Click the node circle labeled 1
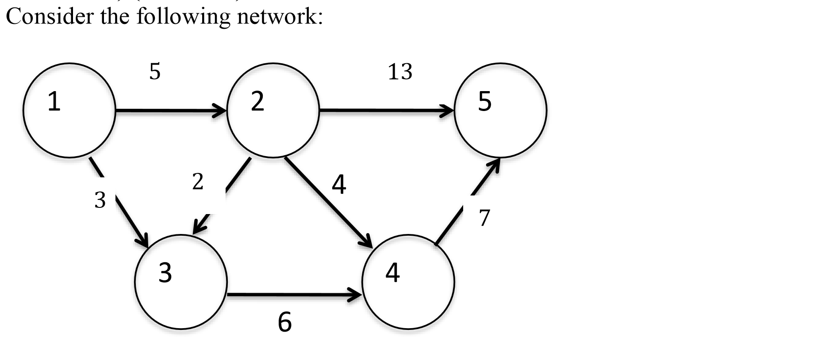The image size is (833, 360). [69, 110]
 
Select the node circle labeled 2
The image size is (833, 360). [273, 110]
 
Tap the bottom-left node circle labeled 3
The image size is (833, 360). [181, 282]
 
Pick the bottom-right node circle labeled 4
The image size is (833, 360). [408, 282]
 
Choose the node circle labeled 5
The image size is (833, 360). [501, 110]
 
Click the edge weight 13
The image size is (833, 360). [400, 72]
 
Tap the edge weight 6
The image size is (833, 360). [285, 322]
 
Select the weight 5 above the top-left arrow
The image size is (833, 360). [155, 71]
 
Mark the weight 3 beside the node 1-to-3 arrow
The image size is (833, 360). [100, 200]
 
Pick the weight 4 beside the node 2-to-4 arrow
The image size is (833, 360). [339, 184]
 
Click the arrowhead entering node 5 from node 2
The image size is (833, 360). [448, 110]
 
